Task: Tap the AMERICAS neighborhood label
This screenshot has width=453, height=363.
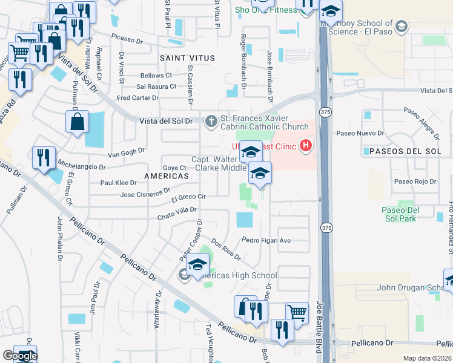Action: click(x=166, y=175)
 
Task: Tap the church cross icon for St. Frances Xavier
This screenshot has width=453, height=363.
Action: click(x=211, y=121)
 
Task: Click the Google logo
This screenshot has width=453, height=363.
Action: click(x=20, y=356)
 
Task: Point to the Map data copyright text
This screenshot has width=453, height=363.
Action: click(x=428, y=358)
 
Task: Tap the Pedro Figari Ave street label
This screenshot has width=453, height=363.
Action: click(x=266, y=240)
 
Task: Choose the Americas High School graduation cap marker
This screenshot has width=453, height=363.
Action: click(x=197, y=264)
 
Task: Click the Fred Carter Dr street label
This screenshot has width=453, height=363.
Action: click(x=137, y=97)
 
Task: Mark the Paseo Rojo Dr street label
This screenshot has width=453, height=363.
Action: click(x=415, y=181)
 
